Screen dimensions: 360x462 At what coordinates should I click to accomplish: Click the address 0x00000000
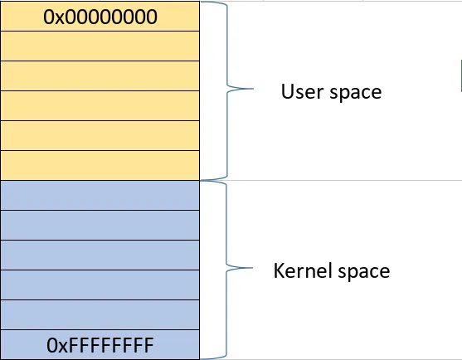coord(100,16)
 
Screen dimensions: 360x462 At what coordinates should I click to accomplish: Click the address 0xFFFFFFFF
coord(100,344)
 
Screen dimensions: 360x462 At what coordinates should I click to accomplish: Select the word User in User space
coord(300,91)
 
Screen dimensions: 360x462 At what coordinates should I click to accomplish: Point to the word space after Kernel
coord(359,270)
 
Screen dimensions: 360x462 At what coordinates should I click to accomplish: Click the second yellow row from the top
coord(100,46)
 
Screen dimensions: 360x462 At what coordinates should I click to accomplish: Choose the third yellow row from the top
coord(100,75)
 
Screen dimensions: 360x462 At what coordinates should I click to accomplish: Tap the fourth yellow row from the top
coord(100,105)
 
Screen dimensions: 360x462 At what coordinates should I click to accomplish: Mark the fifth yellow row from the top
coord(100,135)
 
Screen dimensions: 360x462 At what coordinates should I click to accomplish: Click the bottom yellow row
coord(100,165)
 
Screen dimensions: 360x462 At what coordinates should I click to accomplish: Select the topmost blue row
coord(100,195)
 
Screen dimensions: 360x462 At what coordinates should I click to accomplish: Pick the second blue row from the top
coord(100,225)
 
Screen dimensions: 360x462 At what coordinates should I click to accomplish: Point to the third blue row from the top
coord(100,255)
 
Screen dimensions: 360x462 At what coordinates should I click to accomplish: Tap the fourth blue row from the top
coord(100,285)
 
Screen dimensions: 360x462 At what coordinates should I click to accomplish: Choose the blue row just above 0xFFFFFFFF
coord(100,314)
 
